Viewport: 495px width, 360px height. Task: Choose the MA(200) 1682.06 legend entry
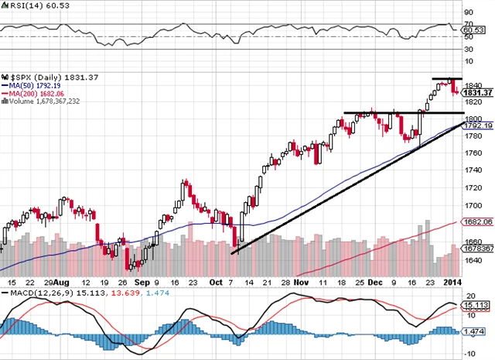pos(32,94)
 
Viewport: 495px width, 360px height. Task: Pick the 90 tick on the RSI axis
pos(468,13)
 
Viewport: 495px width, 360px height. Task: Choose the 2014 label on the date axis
pos(452,284)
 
